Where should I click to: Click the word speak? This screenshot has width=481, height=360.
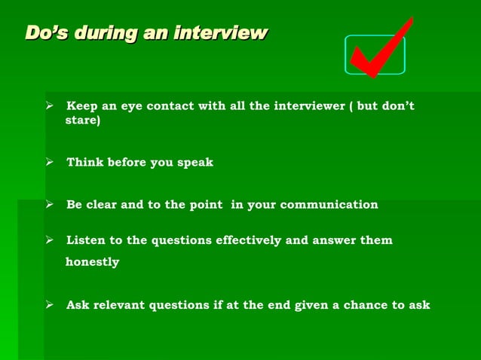pos(195,163)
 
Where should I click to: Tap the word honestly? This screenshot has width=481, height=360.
pos(93,262)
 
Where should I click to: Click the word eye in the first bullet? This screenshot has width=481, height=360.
pos(131,106)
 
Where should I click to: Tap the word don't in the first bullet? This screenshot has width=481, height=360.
pos(397,106)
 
